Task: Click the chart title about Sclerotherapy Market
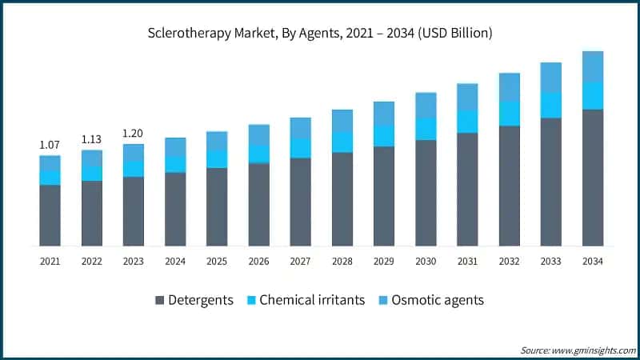tap(319, 34)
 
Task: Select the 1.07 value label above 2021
tap(50, 145)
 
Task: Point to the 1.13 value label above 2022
tap(91, 139)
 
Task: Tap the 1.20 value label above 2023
tap(133, 134)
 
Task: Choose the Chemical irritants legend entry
tap(313, 300)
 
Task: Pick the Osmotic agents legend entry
tap(438, 300)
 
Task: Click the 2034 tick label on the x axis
tap(592, 261)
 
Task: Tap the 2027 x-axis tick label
tap(300, 261)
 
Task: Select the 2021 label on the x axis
tap(50, 261)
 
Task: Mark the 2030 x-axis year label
tap(426, 261)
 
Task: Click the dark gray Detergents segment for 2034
tap(592, 178)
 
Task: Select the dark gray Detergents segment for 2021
tap(50, 215)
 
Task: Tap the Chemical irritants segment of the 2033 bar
tap(550, 105)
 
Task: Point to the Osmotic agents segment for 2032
tap(509, 87)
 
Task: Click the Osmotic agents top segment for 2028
tap(342, 121)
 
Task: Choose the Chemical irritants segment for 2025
tap(217, 158)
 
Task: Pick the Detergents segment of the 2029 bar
tap(384, 196)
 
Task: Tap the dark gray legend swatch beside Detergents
tap(159, 301)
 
